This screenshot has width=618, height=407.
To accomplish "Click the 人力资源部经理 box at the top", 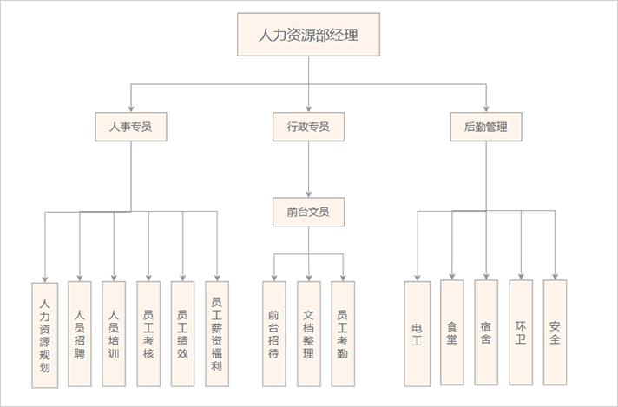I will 308,35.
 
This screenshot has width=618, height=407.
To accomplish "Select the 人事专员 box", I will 131,127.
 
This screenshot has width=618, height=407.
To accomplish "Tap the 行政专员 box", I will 308,127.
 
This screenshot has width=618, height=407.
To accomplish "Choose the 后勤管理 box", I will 486,127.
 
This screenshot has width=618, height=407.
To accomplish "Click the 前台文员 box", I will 308,212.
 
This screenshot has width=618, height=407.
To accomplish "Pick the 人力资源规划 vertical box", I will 44,334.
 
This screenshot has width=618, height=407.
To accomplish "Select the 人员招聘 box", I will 79,333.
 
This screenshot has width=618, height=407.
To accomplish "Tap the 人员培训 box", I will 114,333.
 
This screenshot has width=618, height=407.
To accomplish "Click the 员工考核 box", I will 148,333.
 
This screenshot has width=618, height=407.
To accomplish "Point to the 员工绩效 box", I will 182,333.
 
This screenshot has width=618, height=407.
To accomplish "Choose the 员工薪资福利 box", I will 217,333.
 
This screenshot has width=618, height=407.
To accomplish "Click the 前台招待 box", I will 274,333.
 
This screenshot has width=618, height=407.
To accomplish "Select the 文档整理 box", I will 308,333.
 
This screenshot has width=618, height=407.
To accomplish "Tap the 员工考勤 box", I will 343,333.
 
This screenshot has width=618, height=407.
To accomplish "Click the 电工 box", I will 417,333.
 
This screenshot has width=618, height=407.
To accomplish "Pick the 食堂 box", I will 451,332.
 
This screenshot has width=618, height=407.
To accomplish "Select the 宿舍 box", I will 486,332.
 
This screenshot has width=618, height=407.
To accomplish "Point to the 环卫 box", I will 521,332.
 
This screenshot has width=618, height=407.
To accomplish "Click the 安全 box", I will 555,332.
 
